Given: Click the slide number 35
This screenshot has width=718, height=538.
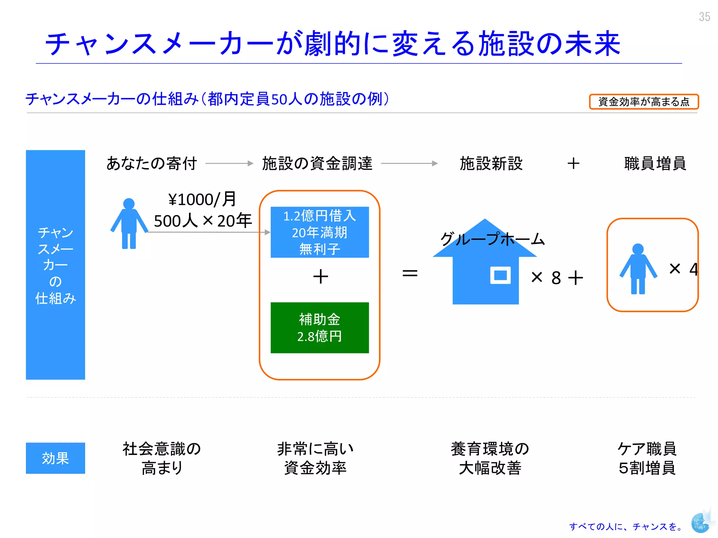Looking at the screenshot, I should point(704,17).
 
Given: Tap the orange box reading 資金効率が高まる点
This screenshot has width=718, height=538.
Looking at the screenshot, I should point(644,102).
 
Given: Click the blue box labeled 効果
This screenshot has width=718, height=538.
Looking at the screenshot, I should point(55,458).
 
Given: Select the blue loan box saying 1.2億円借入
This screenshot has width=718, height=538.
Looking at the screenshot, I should point(319,232).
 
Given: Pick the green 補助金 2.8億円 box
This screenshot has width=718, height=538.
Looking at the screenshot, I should point(319,327).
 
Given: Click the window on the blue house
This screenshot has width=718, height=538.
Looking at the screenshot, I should point(500,275).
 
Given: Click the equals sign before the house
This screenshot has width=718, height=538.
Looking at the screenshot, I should point(410,273).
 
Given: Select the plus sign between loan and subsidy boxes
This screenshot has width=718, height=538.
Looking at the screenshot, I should point(320,276).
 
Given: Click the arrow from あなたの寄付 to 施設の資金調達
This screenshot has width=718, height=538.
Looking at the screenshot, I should point(229,163).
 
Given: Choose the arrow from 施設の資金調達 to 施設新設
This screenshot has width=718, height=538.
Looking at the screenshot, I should point(409,163).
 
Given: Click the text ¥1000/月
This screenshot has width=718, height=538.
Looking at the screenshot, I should point(202,200).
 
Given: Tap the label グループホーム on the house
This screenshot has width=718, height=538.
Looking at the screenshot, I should point(492,239).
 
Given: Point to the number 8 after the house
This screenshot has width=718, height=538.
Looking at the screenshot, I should point(556,278).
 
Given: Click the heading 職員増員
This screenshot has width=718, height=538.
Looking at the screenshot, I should point(655,164).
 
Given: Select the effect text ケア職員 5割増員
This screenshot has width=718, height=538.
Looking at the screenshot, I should point(647,458).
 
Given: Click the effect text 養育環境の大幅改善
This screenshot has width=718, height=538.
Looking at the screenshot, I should point(490,458).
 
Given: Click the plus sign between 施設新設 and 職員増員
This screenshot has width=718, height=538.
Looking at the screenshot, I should point(574,164).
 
